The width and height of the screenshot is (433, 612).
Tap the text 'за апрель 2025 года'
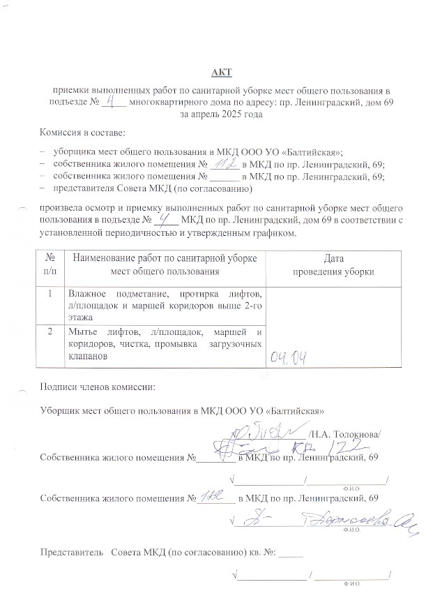[x=221, y=114]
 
